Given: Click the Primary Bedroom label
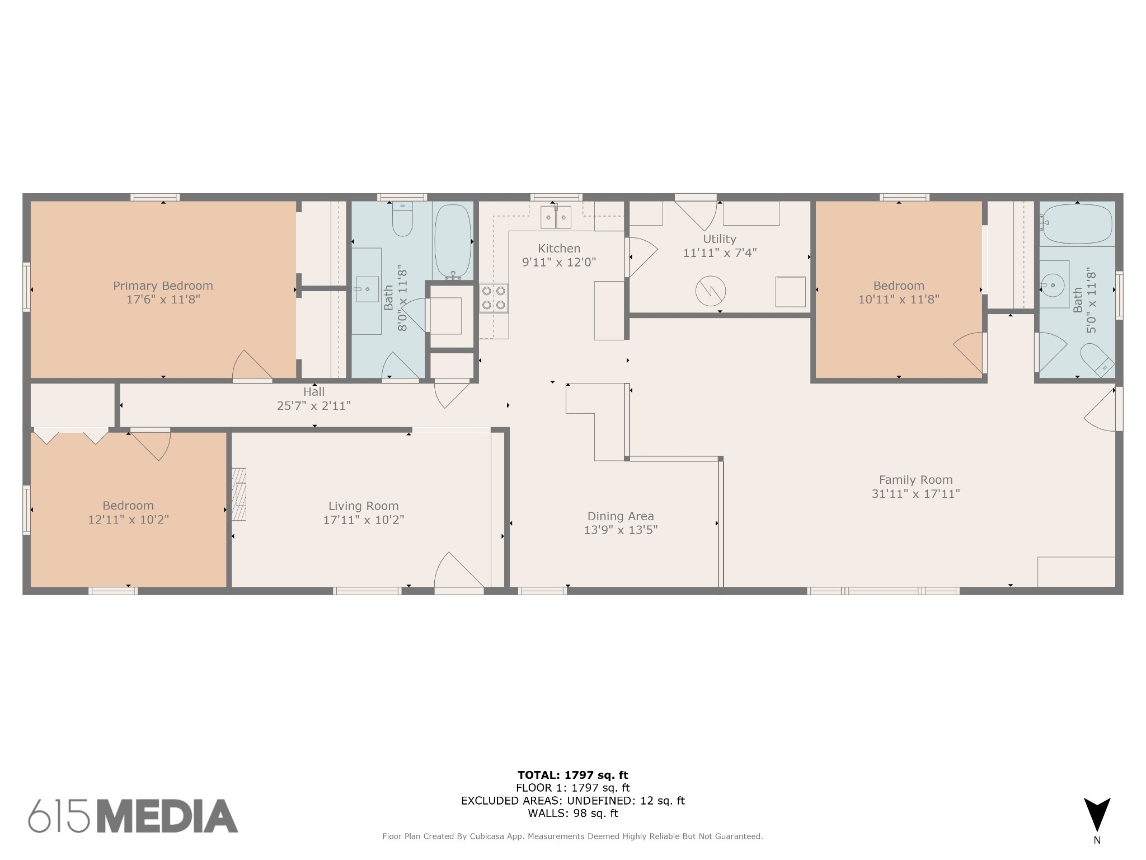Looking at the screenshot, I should (x=163, y=286).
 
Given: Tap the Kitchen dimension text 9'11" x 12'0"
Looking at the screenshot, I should (x=558, y=262).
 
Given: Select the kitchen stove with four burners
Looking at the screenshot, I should (x=494, y=298).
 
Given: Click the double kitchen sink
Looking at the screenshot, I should (x=556, y=217).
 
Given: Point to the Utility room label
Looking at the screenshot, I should (x=719, y=239).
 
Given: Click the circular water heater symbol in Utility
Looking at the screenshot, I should (x=711, y=291).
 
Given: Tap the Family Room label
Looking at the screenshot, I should (x=915, y=480).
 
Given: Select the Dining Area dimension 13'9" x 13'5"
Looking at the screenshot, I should (x=621, y=530).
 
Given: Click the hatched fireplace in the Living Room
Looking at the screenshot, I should (x=239, y=494).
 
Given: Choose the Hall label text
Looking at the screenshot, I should (x=314, y=392).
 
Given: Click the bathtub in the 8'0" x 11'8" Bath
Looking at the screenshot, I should (x=453, y=240).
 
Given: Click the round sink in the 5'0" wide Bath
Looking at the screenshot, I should (x=1054, y=286).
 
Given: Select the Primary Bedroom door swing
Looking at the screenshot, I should (x=250, y=367).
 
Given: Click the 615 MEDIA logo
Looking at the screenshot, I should (x=133, y=816).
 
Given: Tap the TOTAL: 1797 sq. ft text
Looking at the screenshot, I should (x=572, y=775).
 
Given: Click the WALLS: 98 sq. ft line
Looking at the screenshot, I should (x=572, y=813).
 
